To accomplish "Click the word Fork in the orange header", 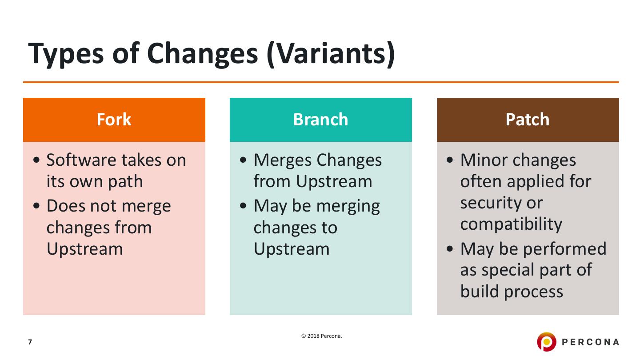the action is [x=114, y=119].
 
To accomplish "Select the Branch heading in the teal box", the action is [x=320, y=119].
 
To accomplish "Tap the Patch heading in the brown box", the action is [x=528, y=119].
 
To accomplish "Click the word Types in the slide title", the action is [x=66, y=54].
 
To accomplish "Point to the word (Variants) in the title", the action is [x=331, y=54].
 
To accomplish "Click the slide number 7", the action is [x=30, y=342].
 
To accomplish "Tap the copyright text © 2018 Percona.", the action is [x=321, y=336].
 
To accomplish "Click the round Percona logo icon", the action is [x=546, y=341].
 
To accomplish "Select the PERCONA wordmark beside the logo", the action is [x=590, y=342].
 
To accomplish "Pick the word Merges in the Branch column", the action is [x=282, y=160].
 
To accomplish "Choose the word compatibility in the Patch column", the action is [x=511, y=224].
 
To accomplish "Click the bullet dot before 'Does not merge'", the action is [x=36, y=206].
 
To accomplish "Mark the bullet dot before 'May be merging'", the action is [x=243, y=206].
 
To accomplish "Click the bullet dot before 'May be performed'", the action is [x=450, y=248].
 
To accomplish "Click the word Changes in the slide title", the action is [x=203, y=54].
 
